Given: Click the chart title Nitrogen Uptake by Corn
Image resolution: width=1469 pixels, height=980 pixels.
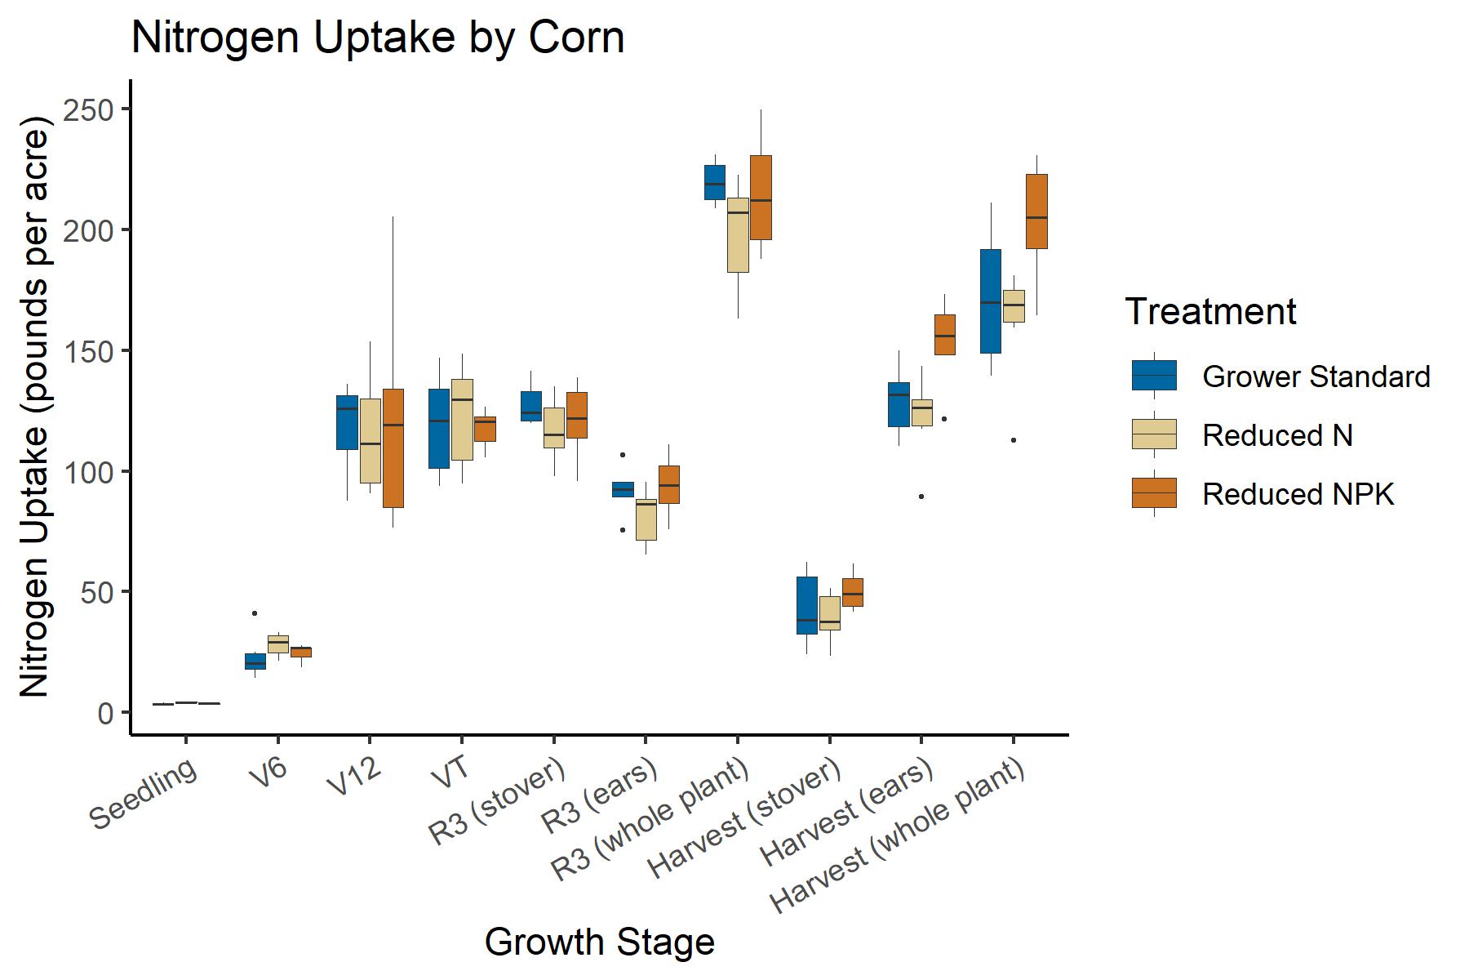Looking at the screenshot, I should coord(377,38).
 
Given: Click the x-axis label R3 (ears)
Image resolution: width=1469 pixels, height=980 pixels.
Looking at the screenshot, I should coord(601,795).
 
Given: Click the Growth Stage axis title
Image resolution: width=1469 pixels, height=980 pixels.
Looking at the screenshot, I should coord(599,942).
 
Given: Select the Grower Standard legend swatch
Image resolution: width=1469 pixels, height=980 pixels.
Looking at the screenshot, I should coord(1154,376).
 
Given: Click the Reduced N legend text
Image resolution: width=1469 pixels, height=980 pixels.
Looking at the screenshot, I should coord(1277,435).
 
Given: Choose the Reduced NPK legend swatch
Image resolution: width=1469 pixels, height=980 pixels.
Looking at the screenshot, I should coord(1154,493).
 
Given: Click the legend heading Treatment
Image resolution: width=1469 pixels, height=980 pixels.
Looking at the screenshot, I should coord(1210,312).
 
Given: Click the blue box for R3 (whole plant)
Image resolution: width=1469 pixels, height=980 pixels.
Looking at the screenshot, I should coord(715,182).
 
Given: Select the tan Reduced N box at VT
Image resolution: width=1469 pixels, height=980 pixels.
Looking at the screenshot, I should coord(462,420).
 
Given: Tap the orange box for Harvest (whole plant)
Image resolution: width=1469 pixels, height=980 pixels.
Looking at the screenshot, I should coord(1036,211).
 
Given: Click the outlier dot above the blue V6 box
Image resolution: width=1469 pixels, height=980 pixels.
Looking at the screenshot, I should coord(255,613).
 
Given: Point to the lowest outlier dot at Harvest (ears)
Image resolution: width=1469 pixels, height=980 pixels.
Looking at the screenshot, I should coord(921,497).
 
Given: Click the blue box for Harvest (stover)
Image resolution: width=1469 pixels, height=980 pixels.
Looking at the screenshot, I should coord(807,605).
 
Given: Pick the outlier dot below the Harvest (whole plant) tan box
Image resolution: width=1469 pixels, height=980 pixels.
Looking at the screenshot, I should coord(1014,440).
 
